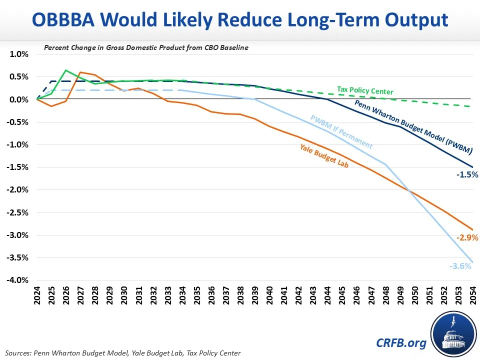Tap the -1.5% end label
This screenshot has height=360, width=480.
tap(467, 175)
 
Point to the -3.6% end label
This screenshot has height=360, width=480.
tap(461, 266)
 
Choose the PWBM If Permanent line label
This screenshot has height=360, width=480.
tap(341, 132)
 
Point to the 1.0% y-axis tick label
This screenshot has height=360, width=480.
tap(19, 54)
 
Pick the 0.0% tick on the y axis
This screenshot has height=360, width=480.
tap(19, 99)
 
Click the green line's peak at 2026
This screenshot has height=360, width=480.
tap(66, 70)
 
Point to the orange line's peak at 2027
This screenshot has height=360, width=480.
tap(80, 72)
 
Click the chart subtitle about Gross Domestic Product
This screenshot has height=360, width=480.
tap(146, 48)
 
